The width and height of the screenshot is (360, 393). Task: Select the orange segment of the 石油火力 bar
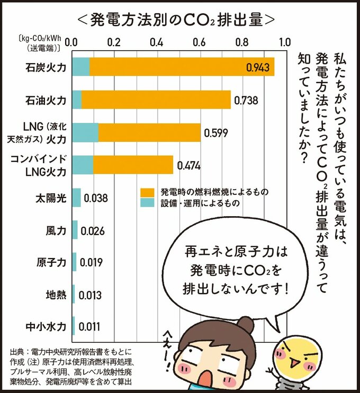click(x=156, y=99)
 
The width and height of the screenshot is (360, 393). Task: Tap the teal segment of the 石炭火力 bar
click(x=80, y=67)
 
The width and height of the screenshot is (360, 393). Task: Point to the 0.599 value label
click(x=216, y=132)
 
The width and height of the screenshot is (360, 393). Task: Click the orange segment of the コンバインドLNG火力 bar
click(x=133, y=165)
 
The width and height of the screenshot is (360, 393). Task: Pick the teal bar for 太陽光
click(x=76, y=198)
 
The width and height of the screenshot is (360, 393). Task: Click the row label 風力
click(x=56, y=230)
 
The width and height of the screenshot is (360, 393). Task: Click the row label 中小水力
click(x=49, y=327)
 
